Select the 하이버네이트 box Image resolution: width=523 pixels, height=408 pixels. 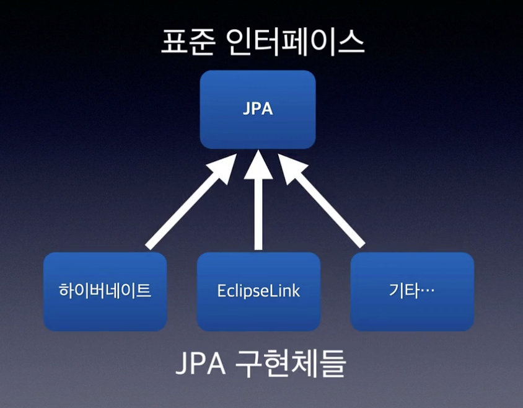[105, 291]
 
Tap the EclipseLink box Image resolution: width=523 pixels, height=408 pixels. [258, 291]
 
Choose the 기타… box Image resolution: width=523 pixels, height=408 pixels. [412, 291]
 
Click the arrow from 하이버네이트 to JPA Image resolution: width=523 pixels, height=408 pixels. [186, 205]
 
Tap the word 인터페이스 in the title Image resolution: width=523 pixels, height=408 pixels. [296, 44]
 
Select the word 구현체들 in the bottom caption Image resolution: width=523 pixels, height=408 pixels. [291, 365]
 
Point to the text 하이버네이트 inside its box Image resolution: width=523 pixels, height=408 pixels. [105, 290]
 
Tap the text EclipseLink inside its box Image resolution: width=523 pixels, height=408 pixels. [258, 291]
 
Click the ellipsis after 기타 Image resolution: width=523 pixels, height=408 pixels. [426, 291]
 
